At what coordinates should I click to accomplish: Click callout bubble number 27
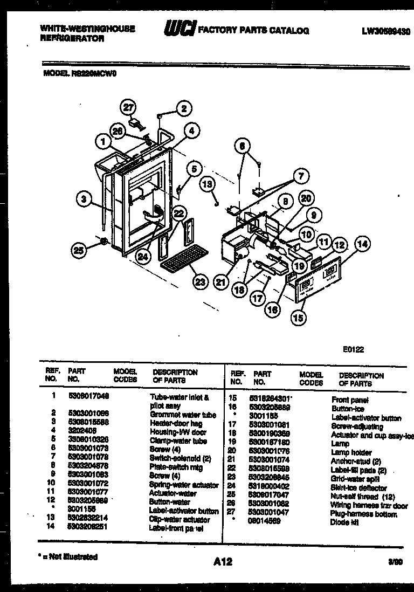(x=128, y=107)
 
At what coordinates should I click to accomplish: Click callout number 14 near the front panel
(x=363, y=244)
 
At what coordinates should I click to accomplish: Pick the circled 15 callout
(x=298, y=318)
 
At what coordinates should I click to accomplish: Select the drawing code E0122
(x=353, y=349)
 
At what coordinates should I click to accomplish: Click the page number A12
(x=222, y=562)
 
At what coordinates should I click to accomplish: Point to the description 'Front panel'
(x=350, y=400)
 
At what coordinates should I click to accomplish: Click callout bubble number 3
(x=84, y=199)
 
